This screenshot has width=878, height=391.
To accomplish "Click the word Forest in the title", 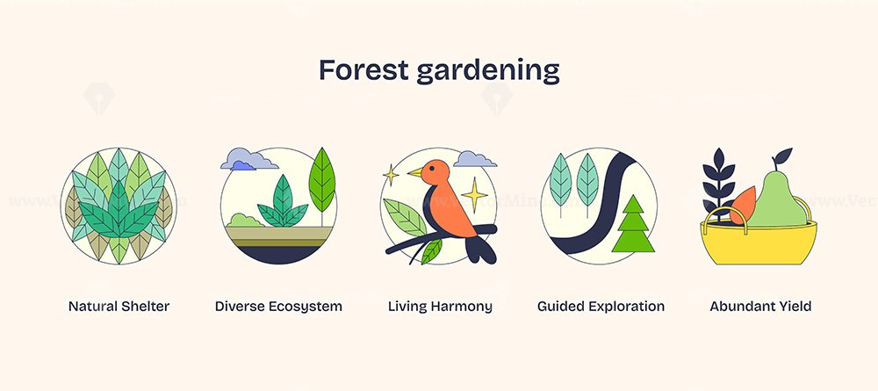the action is point(364,70).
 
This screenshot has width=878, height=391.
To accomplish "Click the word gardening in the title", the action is point(488,72).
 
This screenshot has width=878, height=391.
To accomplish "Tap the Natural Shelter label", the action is point(119,307).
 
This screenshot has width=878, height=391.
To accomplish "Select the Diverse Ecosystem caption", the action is point(278,307).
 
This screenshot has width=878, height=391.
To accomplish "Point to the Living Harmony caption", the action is point(440,307).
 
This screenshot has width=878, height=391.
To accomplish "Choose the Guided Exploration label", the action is point(601,307).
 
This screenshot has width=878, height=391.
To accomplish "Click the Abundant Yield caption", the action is point(760,307).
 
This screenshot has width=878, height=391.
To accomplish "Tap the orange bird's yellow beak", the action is point(415,172).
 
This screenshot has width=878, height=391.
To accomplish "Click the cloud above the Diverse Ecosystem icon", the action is point(249,159).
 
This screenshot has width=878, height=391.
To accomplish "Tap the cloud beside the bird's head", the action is point(475,159).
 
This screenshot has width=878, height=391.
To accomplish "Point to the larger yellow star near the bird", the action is point(474,195).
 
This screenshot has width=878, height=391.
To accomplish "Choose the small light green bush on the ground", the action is point(245,221).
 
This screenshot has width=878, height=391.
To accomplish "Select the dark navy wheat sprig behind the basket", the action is point(718,185).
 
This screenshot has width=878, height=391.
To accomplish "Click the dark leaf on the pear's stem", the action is point(783,155).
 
